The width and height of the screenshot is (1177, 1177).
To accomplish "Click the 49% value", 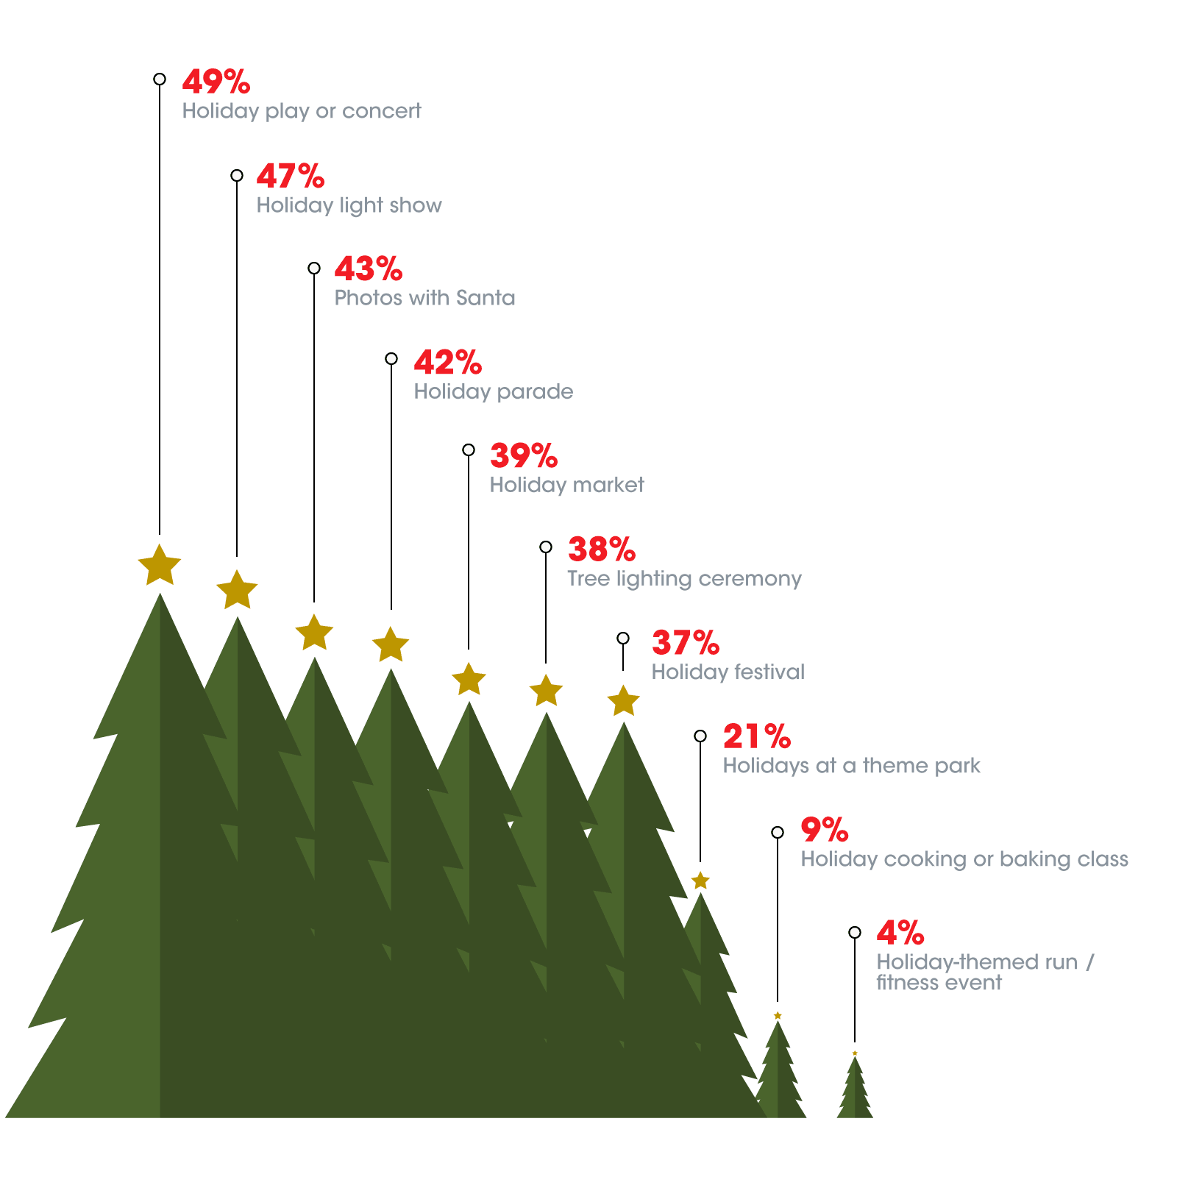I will coord(216,82).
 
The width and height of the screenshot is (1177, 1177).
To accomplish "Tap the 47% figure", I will coord(291,176).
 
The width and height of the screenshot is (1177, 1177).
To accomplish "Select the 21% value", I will coord(757,736).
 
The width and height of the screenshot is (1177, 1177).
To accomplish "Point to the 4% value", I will coord(900,933).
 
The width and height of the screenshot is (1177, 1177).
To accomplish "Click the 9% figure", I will coord(825,830).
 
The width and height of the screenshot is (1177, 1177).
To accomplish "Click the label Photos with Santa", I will coord(424,298).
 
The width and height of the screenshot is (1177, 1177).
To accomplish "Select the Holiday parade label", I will coord(493,391).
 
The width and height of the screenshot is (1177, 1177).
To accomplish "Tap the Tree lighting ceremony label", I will coord(684,579).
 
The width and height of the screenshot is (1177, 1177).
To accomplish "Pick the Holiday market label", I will coord(566,485).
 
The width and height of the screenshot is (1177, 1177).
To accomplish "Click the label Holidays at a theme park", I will coord(851,766).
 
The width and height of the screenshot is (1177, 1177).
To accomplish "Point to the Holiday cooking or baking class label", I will coord(964,859).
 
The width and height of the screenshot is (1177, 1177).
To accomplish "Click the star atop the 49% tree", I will coord(160,566).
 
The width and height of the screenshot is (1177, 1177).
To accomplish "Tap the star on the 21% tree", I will coord(700,881).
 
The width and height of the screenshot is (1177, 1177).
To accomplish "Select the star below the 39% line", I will coord(469,679).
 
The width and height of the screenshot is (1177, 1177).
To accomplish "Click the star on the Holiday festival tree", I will coord(623,701).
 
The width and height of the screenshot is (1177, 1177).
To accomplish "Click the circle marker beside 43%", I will coord(314,268).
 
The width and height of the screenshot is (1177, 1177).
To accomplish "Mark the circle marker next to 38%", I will coord(546,547).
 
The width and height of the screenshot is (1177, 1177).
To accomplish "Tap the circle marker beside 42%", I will coord(391,359).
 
